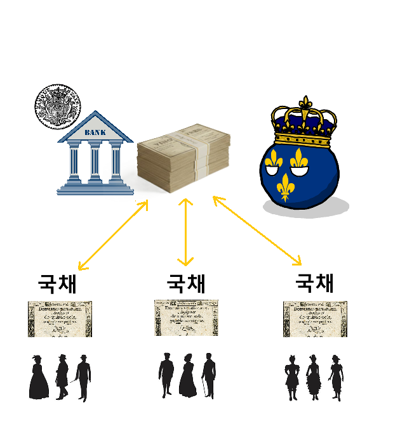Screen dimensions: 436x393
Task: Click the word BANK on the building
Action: pos(95,132)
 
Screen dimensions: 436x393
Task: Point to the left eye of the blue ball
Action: pos(274,161)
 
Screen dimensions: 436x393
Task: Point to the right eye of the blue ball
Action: pos(299,161)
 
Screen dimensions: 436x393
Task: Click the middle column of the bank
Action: pos(95,162)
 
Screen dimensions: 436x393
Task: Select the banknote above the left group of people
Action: pos(60,319)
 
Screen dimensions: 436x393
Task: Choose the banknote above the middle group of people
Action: pos(187,317)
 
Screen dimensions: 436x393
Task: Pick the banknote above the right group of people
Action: pos(315,319)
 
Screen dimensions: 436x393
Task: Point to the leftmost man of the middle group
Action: pos(166,375)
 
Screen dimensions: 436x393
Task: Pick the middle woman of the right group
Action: pos(312,378)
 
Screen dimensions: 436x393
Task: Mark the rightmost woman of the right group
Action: pos(335,378)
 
